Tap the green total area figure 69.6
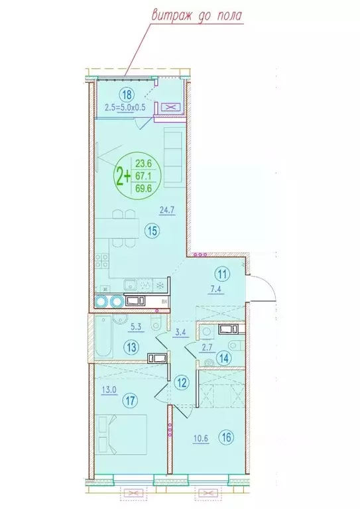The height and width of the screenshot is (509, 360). coord(142,188)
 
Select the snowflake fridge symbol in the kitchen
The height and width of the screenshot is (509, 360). coord(160,286)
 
